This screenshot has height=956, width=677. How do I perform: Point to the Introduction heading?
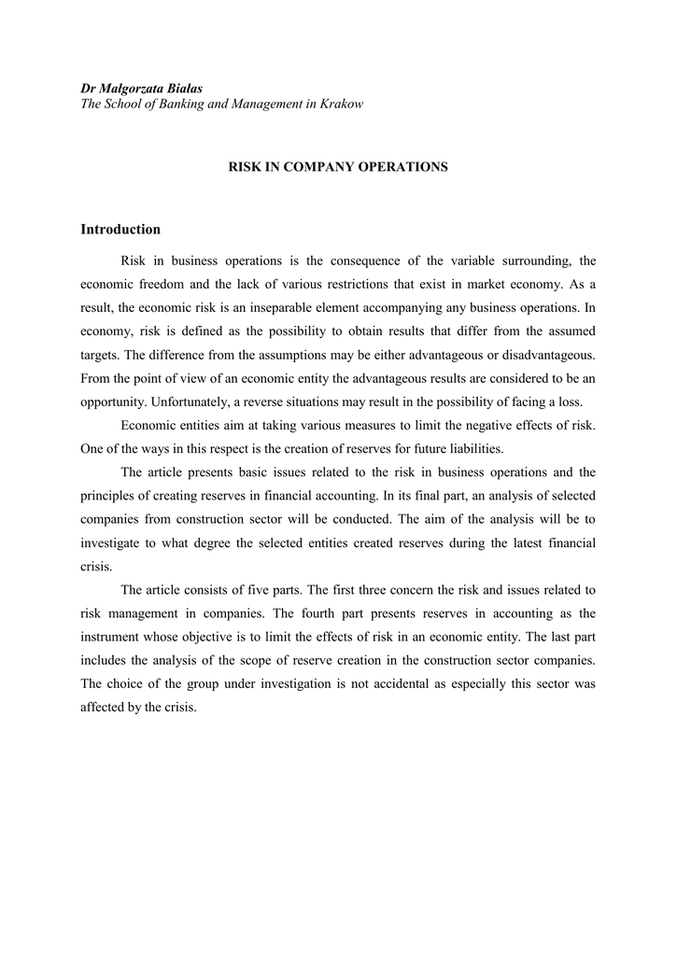point(120,230)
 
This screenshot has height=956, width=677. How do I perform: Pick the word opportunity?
point(110,401)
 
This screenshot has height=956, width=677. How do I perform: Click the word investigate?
point(111,542)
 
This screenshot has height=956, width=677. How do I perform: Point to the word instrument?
point(112,637)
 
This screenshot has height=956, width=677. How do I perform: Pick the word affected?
point(104,707)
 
